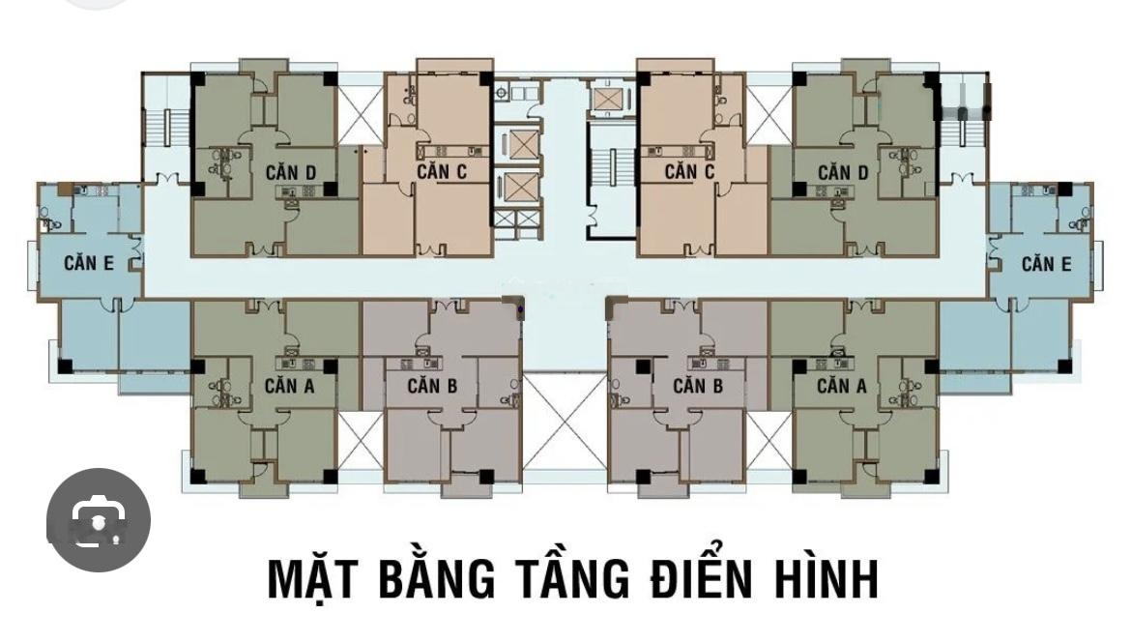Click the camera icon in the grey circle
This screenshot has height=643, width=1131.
coord(99,519)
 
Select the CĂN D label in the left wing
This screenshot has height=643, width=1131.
coord(291,172)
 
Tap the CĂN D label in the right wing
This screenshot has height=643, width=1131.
coord(843,172)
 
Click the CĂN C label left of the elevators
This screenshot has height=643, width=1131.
coord(442,172)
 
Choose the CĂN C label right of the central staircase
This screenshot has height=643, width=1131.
coord(689,172)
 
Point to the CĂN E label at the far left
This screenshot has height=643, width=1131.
coord(89,263)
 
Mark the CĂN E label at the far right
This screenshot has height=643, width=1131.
coord(1046,264)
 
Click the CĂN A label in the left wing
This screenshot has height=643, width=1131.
coord(289,386)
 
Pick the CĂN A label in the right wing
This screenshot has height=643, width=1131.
coord(842,386)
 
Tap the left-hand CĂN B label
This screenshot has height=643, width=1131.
coord(432,386)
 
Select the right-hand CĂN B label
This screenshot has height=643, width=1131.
coord(698,386)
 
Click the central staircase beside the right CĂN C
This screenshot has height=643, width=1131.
coord(612,180)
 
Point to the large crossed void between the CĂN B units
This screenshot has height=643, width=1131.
coord(565,422)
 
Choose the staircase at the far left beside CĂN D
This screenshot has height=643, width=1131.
coord(167,127)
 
